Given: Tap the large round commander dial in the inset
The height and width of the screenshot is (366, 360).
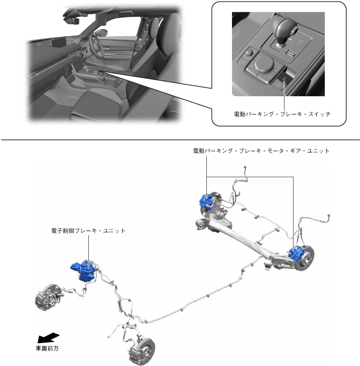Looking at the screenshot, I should (x=264, y=65).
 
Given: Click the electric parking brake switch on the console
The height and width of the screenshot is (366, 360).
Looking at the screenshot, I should (x=285, y=78).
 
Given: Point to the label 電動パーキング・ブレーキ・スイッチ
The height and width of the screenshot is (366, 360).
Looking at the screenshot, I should (x=282, y=114).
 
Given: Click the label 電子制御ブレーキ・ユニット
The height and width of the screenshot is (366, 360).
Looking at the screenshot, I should (x=86, y=230).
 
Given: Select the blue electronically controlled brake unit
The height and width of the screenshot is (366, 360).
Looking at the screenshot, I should (x=84, y=271).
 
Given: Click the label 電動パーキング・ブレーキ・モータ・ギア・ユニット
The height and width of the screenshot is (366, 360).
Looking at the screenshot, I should (x=261, y=151).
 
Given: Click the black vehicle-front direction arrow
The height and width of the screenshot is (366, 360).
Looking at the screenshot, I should (x=48, y=337).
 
